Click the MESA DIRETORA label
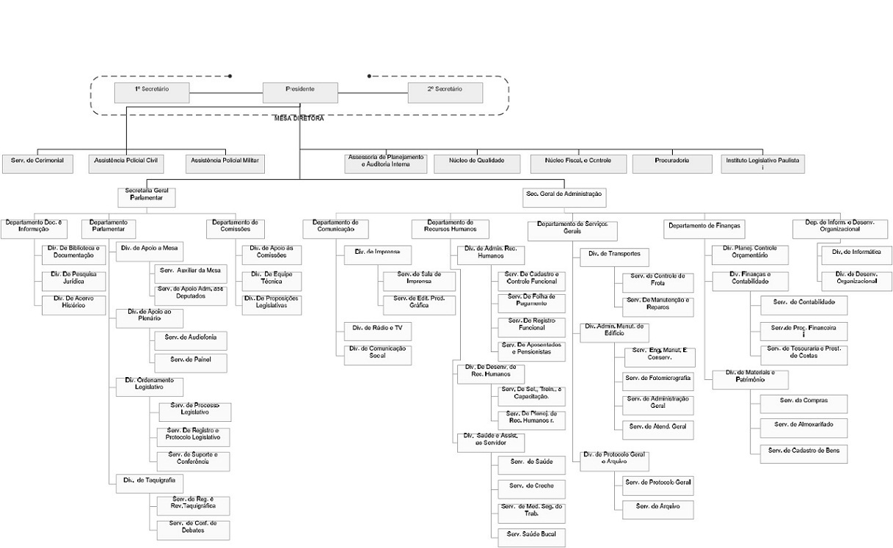coord(299,118)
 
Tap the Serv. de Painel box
coord(190,362)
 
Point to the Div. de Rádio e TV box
coord(377,332)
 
